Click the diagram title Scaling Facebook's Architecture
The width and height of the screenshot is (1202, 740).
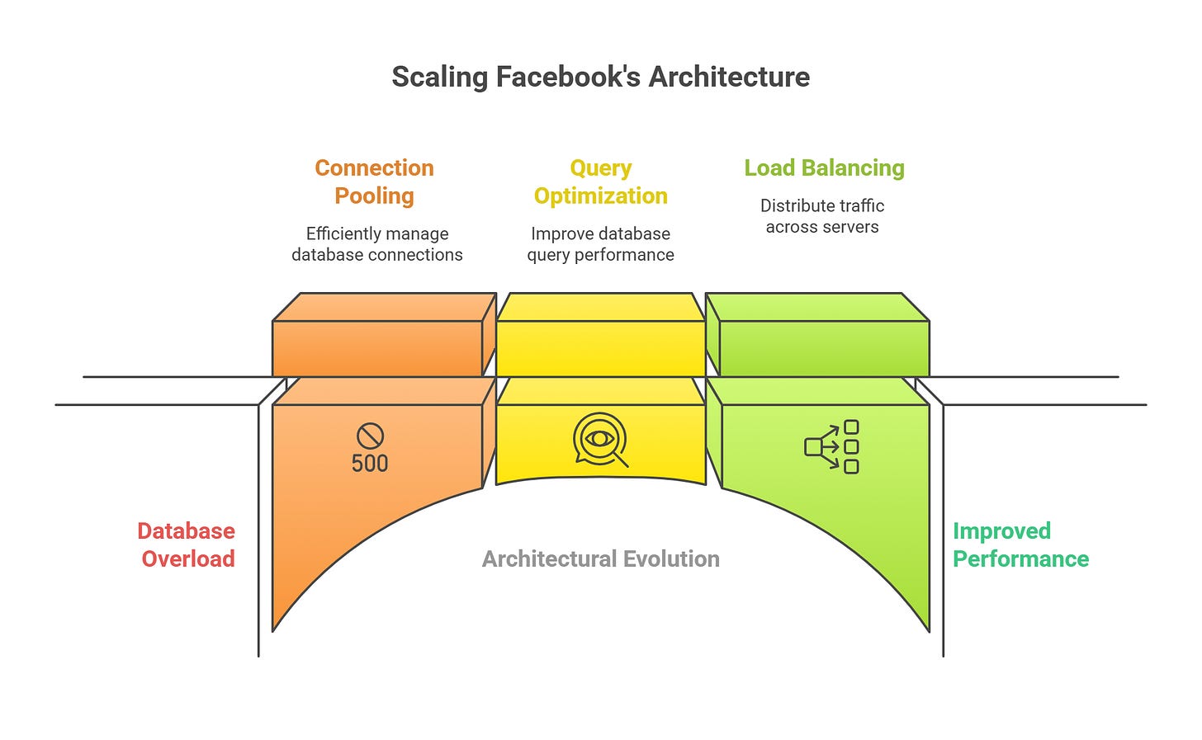[x=600, y=77]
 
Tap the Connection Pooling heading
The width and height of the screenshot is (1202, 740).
[x=375, y=181]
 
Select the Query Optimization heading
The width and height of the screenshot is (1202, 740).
[x=600, y=181]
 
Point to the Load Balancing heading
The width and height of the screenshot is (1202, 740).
[x=824, y=168]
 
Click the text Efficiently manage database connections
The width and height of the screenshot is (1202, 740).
[x=377, y=244]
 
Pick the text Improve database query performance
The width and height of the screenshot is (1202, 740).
[x=600, y=244]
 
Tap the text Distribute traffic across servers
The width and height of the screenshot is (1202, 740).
[x=822, y=216]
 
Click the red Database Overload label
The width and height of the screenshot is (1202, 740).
[x=187, y=544]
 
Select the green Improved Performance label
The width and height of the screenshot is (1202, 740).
[x=1020, y=544]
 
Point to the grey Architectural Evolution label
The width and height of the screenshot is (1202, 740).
[x=600, y=559]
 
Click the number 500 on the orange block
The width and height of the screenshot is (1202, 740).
[x=370, y=464]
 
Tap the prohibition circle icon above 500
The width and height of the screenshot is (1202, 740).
[x=370, y=436]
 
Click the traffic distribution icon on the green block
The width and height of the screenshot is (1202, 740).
[x=832, y=447]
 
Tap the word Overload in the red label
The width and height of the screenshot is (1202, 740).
[x=188, y=559]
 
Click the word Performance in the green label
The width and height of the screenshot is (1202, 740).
[x=1020, y=559]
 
